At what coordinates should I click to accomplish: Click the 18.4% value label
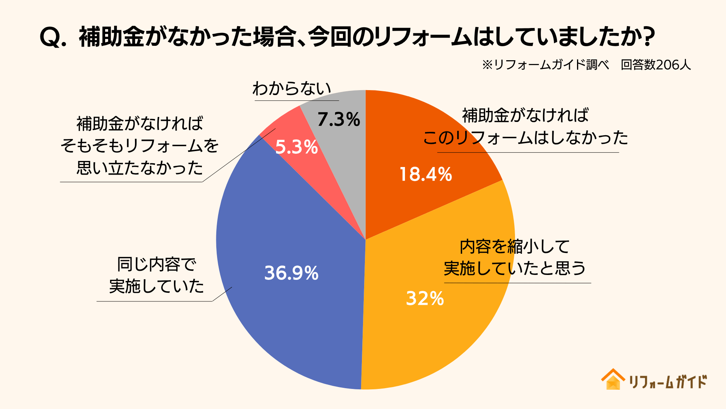click(425, 175)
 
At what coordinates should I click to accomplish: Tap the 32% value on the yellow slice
click(425, 298)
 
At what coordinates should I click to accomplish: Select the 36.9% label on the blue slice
click(291, 273)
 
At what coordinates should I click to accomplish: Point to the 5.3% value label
click(296, 147)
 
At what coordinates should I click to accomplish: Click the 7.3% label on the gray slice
click(338, 120)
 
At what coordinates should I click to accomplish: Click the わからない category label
click(292, 89)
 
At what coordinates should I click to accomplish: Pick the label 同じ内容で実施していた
click(157, 275)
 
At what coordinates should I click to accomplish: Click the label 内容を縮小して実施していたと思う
click(514, 258)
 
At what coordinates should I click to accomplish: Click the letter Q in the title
click(50, 37)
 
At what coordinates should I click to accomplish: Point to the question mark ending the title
click(648, 37)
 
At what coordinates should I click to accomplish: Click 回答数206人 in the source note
click(656, 65)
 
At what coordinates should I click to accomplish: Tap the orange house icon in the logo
click(613, 379)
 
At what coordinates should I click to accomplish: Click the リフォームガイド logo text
click(668, 382)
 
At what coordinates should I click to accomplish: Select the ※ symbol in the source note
click(487, 65)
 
